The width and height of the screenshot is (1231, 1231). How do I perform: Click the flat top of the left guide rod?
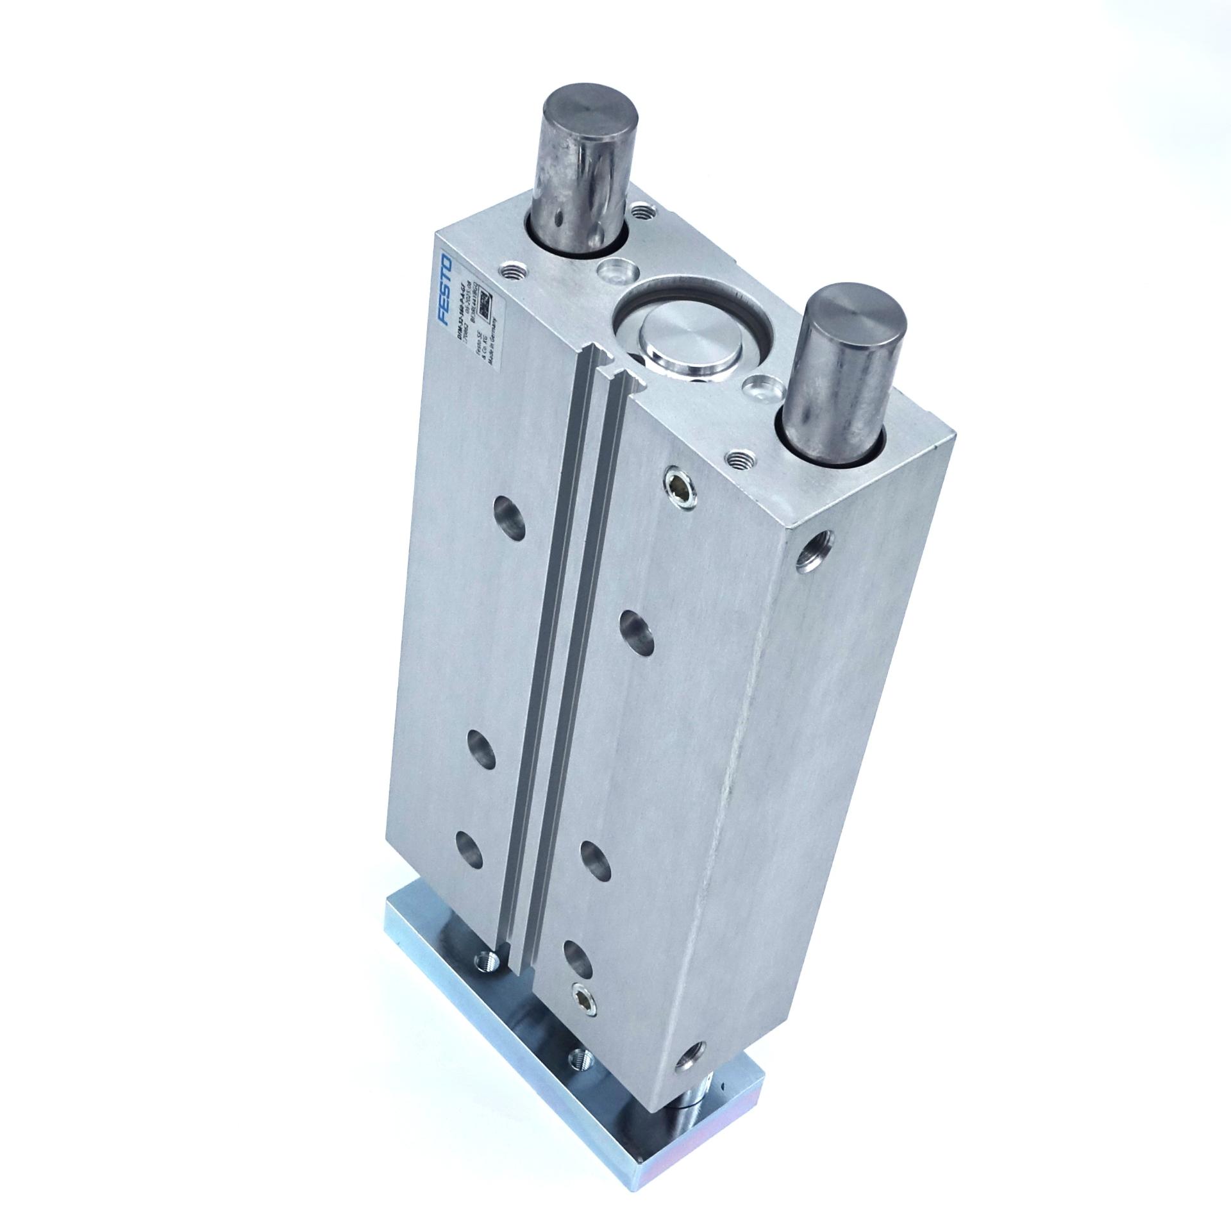[x=591, y=115]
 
